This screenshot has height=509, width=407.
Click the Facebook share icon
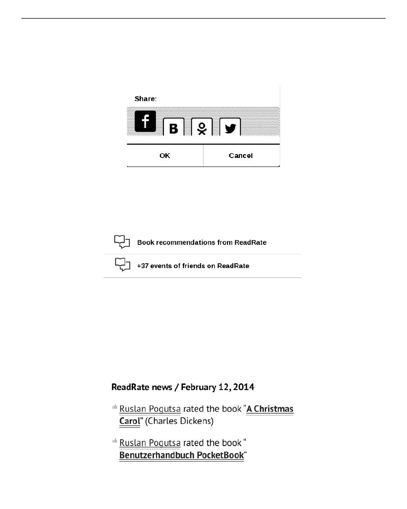pos(145,121)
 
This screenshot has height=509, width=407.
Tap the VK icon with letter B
pos(174,127)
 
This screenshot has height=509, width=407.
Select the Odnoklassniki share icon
pos(202,127)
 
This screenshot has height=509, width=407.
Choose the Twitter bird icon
pos(230,127)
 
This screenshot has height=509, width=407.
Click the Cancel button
pos(241,156)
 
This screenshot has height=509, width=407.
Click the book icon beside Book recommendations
pos(122,242)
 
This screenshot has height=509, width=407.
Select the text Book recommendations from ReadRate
pos(202,242)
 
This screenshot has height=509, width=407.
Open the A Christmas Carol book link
pos(270,409)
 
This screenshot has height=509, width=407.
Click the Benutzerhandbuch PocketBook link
pos(181,455)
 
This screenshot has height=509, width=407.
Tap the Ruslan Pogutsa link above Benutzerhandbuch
pos(150,443)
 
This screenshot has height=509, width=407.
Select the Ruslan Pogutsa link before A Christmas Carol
pos(150,409)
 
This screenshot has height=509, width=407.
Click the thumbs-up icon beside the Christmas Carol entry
pos(115,407)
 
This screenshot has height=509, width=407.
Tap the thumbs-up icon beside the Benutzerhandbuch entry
pos(115,441)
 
